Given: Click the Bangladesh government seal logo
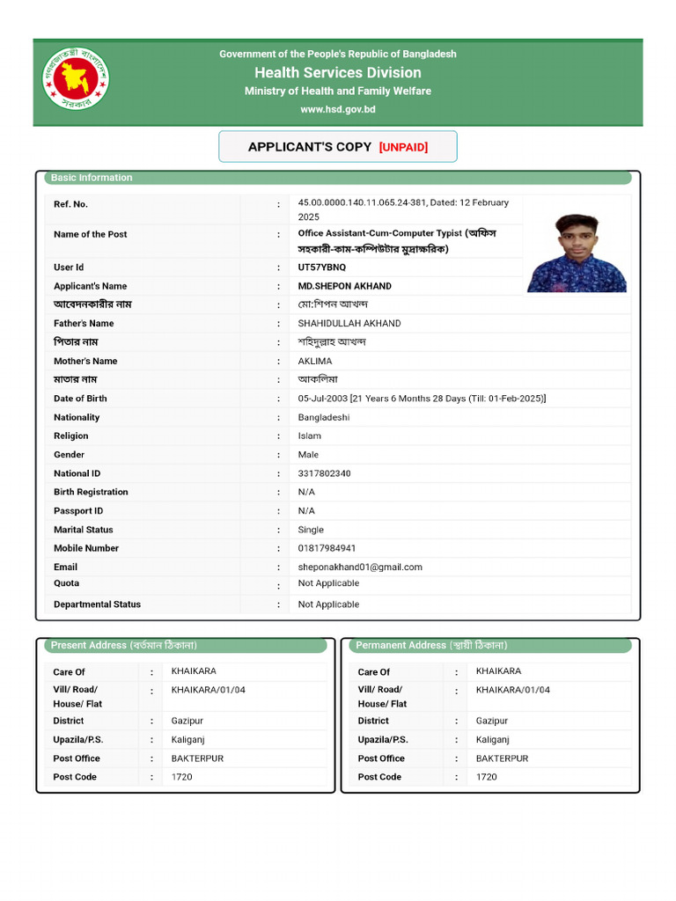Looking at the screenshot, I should coord(76,79).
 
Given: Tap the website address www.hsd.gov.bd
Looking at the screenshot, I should coord(338,109).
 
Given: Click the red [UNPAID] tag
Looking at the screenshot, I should coord(403,147).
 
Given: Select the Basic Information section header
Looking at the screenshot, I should coord(92,178).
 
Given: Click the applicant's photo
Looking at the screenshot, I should coord(577,253).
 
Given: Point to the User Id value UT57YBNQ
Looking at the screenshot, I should coord(322,267).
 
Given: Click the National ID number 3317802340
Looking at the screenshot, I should coord(324,473).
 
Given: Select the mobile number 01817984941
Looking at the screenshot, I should coord(327,548).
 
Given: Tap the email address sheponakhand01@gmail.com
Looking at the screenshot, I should coord(360,568).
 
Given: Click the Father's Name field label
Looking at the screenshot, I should coord(84,324).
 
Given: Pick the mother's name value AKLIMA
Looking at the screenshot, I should coord(315,362).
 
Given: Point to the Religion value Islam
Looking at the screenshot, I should coord(310,436).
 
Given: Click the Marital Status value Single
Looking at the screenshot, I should coord(311,530).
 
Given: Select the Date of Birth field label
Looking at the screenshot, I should coord(80,399).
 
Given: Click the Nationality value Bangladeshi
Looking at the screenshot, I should coord(323,418).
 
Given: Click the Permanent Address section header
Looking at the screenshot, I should coord(431,646).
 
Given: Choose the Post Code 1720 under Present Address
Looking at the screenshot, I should coord(181,777).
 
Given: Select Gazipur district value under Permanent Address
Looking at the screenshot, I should coord(492,722).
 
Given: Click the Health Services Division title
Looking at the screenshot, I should coord(338,73).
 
